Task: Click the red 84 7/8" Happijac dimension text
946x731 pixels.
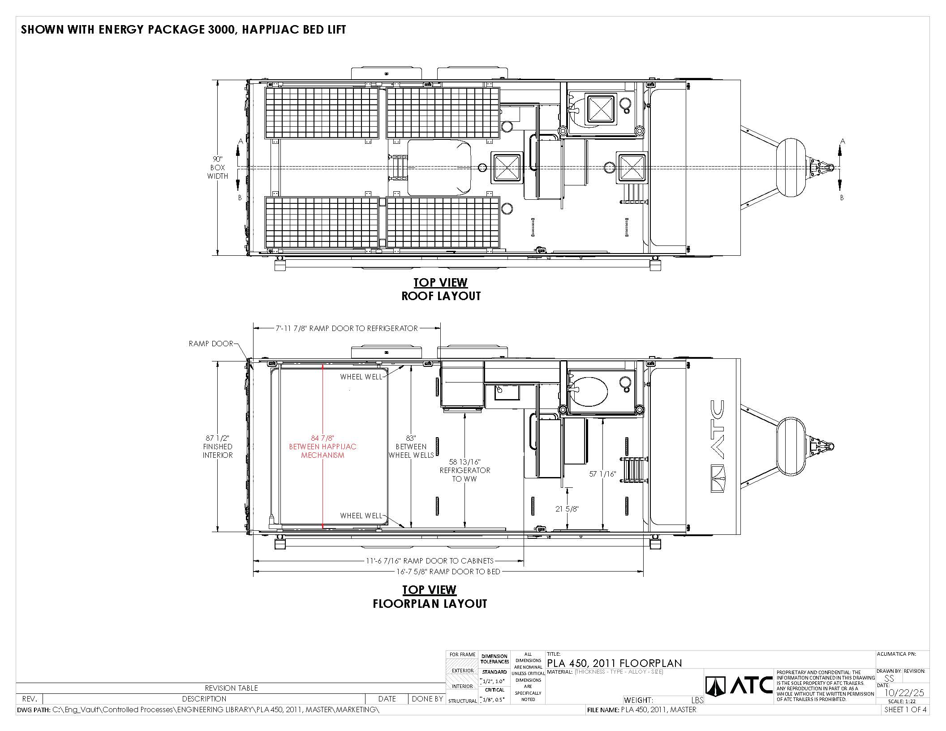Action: [322, 447]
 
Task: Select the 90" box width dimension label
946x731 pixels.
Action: [218, 168]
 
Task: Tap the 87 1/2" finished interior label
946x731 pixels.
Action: [218, 447]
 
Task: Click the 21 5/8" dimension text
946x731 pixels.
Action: [567, 509]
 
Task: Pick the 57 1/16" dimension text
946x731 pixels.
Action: [603, 474]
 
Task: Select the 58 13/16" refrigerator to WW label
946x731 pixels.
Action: [465, 470]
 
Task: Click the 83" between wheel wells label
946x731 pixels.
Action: [411, 447]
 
